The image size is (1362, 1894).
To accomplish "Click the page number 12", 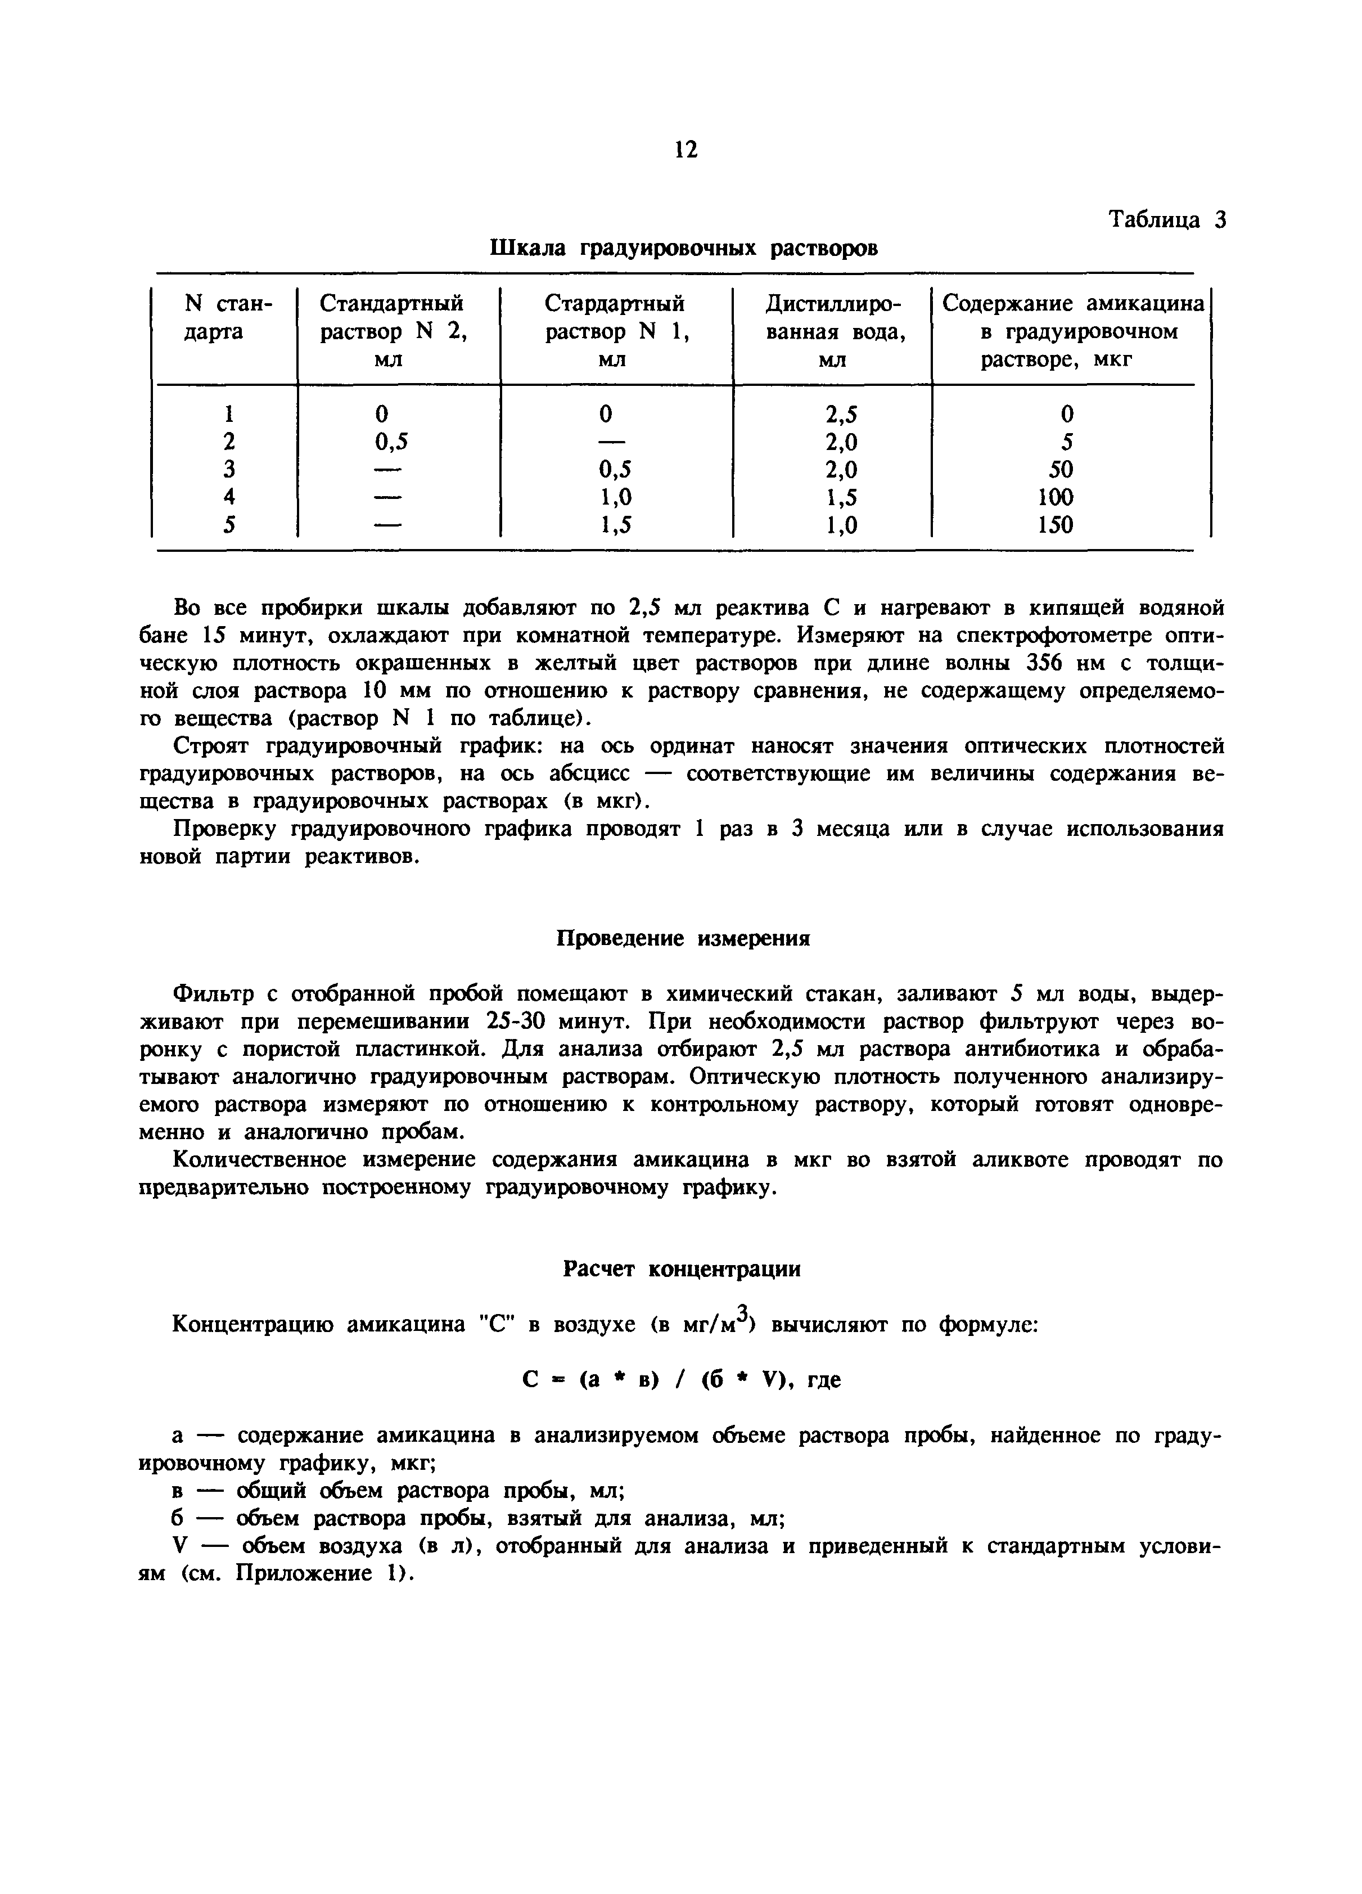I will pyautogui.click(x=684, y=150).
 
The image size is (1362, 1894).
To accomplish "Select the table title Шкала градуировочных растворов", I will pyautogui.click(x=683, y=249).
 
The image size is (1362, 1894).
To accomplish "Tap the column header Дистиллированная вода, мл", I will pyautogui.click(x=832, y=331).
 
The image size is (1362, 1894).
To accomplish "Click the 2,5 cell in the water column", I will pyautogui.click(x=841, y=414).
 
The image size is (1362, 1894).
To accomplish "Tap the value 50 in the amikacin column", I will pyautogui.click(x=1061, y=469).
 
